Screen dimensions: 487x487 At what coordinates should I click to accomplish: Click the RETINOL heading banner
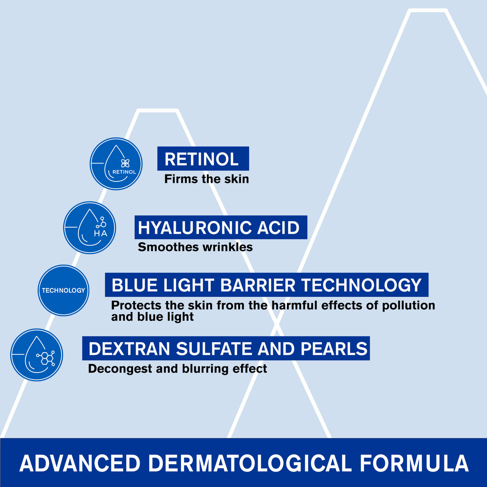point(203,159)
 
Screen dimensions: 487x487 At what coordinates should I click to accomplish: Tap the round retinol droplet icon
point(116,164)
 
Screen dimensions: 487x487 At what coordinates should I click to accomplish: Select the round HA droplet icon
point(90,228)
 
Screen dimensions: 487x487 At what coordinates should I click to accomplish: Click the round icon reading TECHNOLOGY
point(64,291)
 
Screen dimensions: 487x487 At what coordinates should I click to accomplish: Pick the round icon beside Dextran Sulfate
point(37,355)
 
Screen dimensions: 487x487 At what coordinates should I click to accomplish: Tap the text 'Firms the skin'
point(206,179)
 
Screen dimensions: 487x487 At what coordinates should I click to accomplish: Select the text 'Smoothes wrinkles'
point(195,247)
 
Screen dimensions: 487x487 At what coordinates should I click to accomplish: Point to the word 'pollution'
point(408,305)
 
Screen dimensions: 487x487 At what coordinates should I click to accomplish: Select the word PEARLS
point(334,349)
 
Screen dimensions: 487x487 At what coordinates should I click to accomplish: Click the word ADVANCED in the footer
point(80,463)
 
